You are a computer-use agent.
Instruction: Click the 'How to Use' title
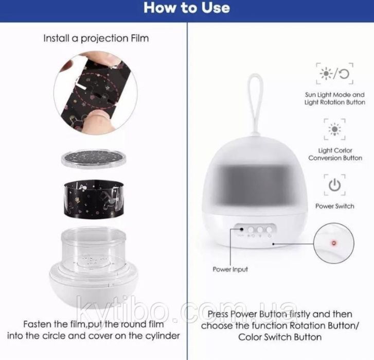pyautogui.click(x=187, y=8)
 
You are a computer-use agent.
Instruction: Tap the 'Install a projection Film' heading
pyautogui.click(x=96, y=39)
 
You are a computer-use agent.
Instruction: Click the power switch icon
pyautogui.click(x=334, y=185)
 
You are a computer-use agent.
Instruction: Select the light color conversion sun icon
pyautogui.click(x=334, y=129)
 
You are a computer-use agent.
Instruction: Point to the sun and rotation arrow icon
pyautogui.click(x=334, y=74)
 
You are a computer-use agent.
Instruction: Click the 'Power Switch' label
pyautogui.click(x=334, y=206)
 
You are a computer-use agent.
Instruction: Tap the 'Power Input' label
pyautogui.click(x=230, y=269)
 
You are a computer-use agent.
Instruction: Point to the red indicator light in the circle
pyautogui.click(x=334, y=243)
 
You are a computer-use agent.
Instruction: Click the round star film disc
pyautogui.click(x=94, y=158)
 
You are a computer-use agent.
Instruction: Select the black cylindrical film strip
pyautogui.click(x=94, y=199)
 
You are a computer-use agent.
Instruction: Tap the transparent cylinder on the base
pyautogui.click(x=93, y=251)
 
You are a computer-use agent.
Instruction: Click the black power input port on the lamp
pyautogui.click(x=242, y=229)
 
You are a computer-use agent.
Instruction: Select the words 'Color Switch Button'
pyautogui.click(x=280, y=337)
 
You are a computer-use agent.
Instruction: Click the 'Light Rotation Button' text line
pyautogui.click(x=334, y=102)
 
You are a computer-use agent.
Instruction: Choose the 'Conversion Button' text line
pyautogui.click(x=335, y=158)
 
